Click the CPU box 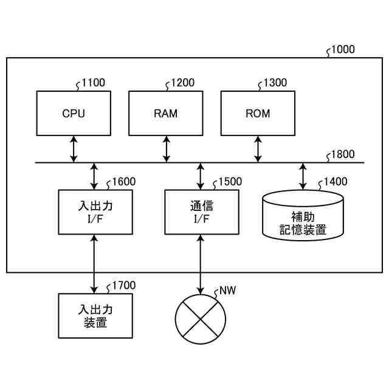74,113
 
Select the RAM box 166,113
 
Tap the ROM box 258,113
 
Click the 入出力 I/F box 95,212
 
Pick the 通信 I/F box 201,212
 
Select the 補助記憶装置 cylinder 303,216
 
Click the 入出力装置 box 95,315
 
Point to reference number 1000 343,50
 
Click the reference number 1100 92,83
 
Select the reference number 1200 183,83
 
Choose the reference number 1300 275,83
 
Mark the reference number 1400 336,181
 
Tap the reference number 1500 229,181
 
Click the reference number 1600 123,181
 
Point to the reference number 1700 123,285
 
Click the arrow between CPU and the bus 74,149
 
